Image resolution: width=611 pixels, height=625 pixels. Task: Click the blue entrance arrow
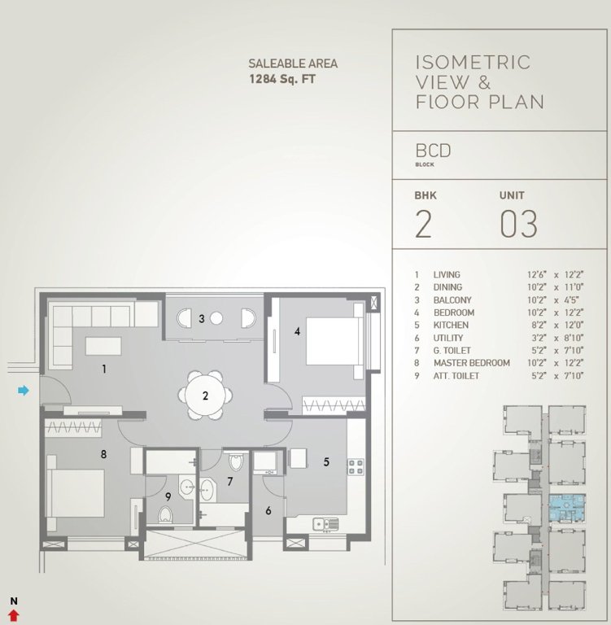click(24, 391)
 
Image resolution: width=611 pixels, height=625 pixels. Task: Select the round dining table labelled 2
click(206, 396)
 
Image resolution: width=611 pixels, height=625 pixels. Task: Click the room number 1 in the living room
click(104, 369)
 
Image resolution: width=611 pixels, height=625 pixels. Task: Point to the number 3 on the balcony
click(201, 318)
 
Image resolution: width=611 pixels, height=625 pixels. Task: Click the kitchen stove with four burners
click(356, 466)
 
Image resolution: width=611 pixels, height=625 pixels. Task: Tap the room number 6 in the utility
click(268, 510)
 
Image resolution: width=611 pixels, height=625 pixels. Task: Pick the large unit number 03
click(518, 224)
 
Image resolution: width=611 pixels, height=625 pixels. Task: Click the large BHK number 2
click(423, 224)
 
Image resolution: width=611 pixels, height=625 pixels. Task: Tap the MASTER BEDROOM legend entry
click(471, 363)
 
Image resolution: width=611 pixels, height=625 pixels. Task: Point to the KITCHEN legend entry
click(451, 325)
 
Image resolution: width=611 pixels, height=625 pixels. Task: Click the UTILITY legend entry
click(448, 338)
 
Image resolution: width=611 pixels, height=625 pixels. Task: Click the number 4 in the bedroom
click(298, 331)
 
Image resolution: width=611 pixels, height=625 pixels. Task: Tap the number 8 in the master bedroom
click(103, 454)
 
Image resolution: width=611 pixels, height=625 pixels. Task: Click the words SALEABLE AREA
click(293, 63)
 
